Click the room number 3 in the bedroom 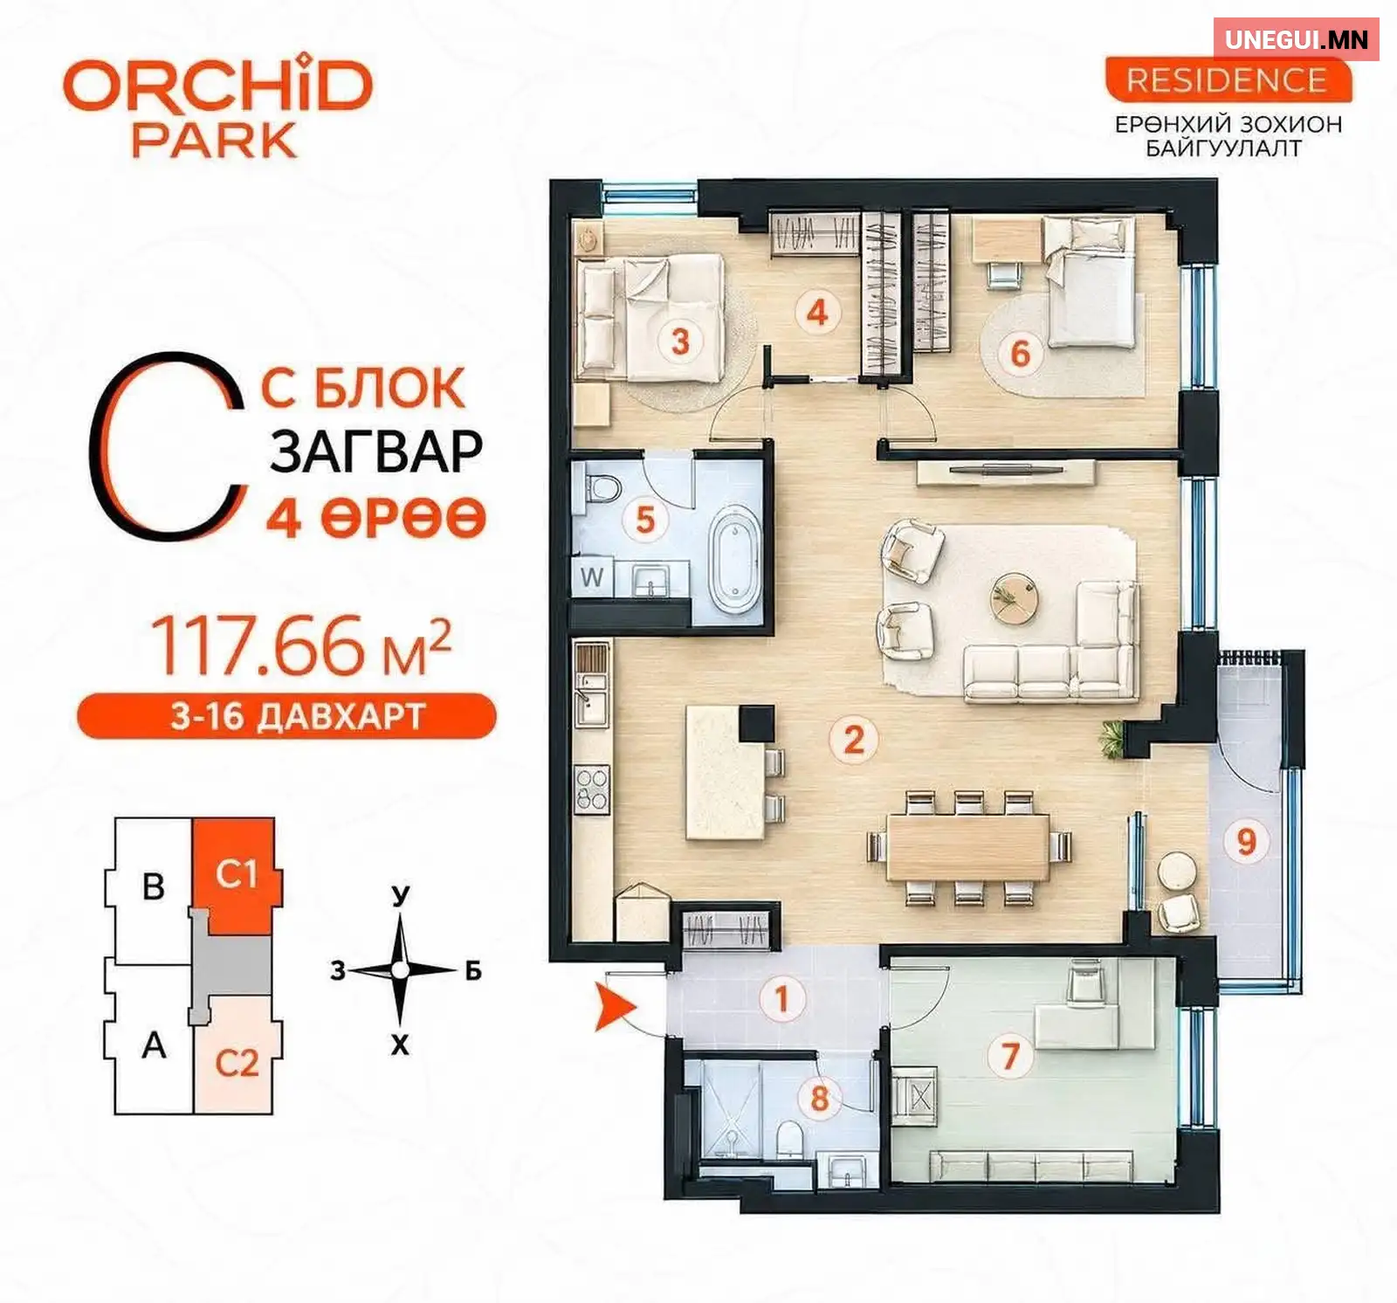coord(680,341)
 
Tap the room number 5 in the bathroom coord(644,520)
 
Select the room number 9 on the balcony coord(1246,841)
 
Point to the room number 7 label coord(1010,1055)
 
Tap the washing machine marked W coord(592,577)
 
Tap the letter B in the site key coord(154,886)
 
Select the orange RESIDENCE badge coord(1228,80)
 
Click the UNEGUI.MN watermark coord(1296,39)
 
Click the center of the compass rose coord(400,969)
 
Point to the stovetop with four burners coord(591,789)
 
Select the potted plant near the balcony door coord(1111,739)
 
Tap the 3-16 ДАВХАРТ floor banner coord(287,716)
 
